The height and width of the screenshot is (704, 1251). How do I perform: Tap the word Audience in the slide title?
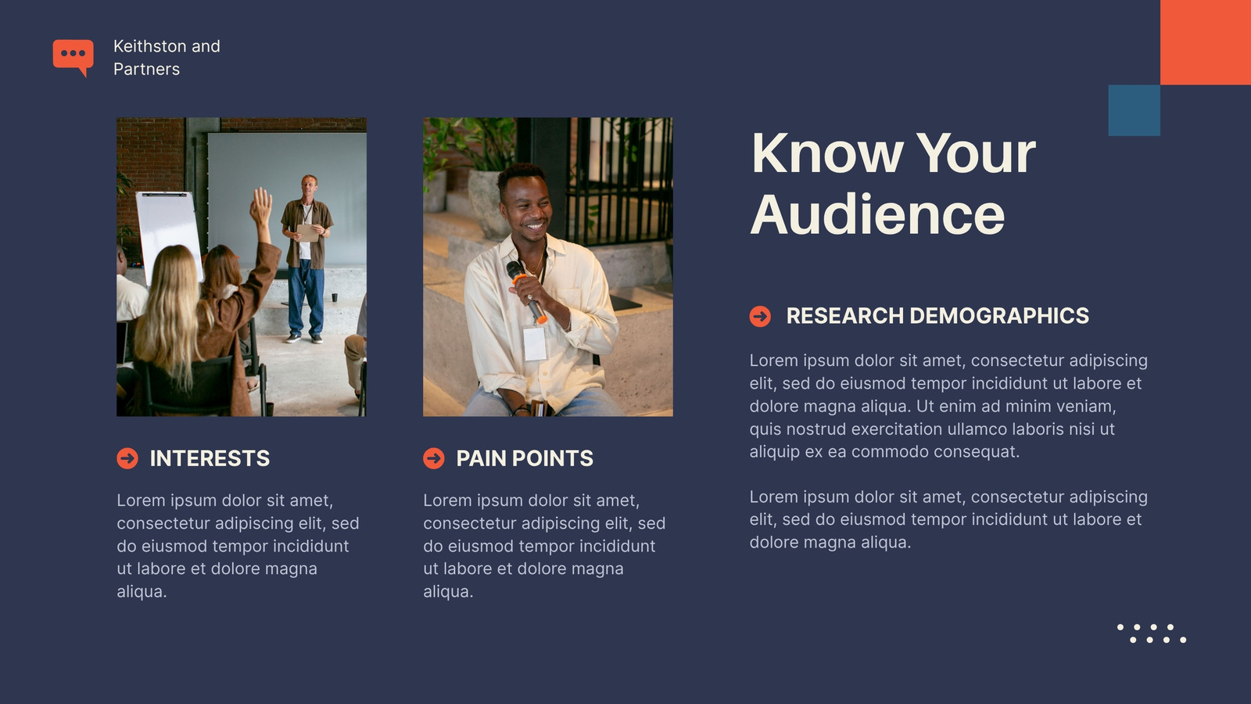(x=877, y=215)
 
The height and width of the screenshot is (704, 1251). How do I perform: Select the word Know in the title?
(x=827, y=153)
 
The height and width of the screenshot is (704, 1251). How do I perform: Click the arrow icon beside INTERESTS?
(x=127, y=458)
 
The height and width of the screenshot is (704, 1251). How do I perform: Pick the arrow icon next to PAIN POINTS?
(x=434, y=458)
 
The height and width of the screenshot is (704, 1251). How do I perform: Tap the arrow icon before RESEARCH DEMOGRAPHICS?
(x=760, y=316)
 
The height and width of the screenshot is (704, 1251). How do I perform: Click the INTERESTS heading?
(x=210, y=458)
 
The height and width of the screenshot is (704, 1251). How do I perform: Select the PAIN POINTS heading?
(x=525, y=458)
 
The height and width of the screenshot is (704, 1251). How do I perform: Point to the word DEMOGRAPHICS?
(x=999, y=316)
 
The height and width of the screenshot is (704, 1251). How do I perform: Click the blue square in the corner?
(x=1135, y=110)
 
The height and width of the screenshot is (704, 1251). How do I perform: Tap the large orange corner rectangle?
(x=1206, y=42)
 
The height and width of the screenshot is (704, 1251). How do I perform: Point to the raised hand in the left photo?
(x=260, y=207)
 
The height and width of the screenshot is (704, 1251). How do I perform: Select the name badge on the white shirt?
(x=535, y=343)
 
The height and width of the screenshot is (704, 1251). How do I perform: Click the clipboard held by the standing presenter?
(x=308, y=232)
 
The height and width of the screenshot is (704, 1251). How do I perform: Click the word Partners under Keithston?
(x=146, y=69)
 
